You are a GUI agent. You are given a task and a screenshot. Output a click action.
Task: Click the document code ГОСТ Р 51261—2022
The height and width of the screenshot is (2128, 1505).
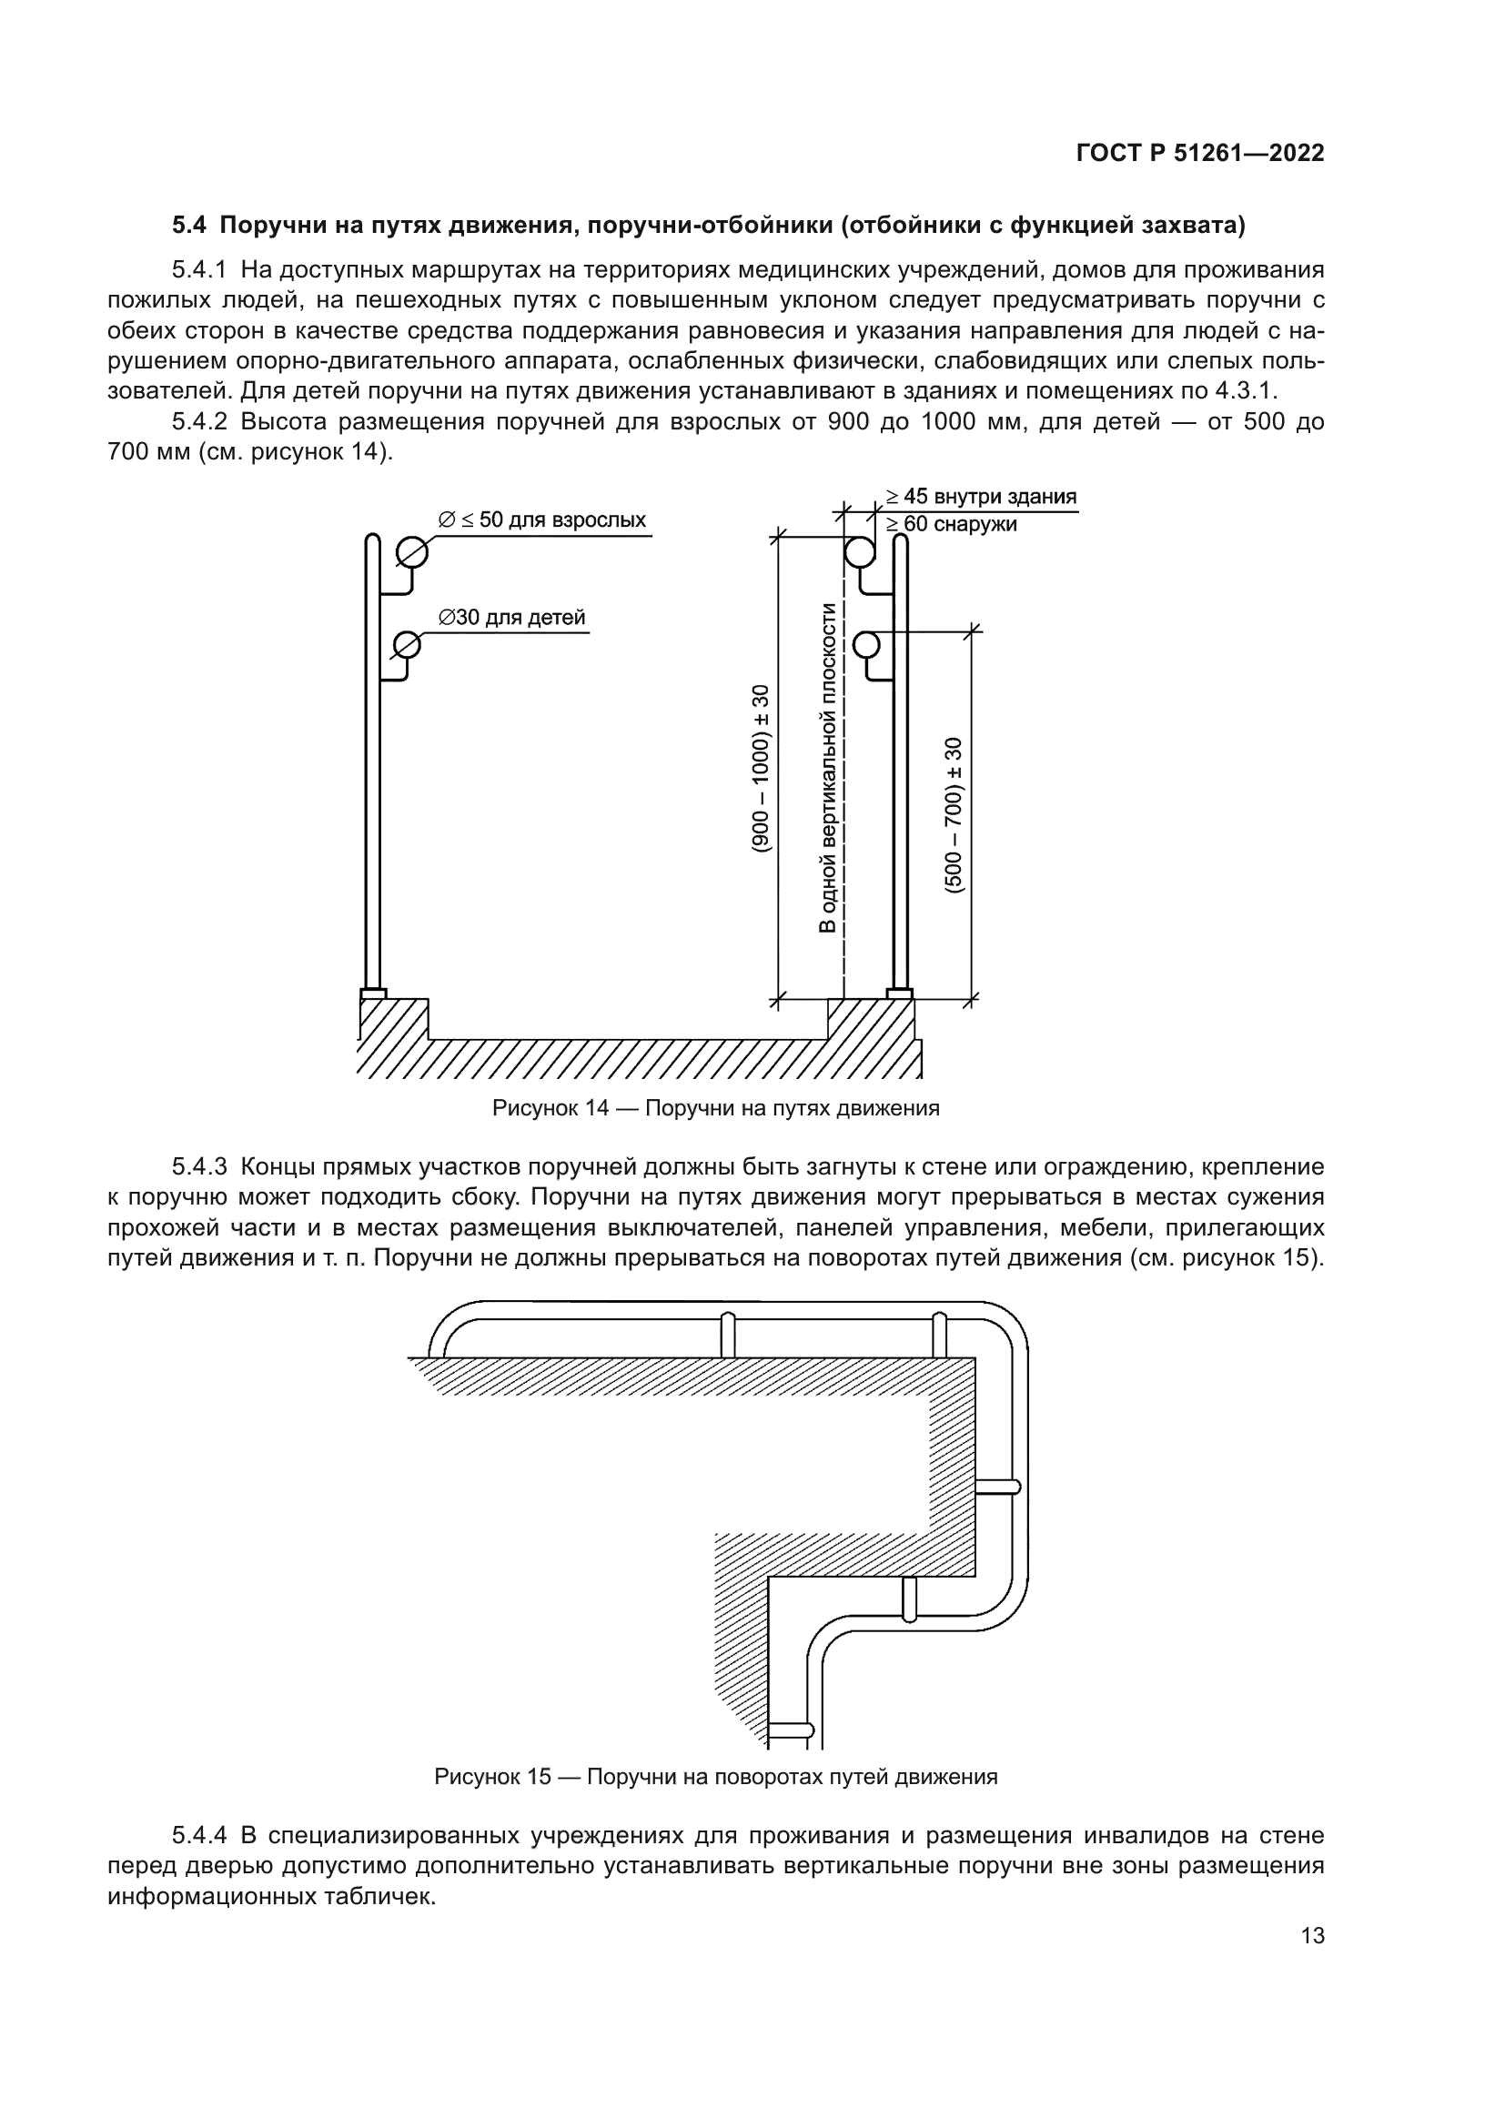click(1200, 154)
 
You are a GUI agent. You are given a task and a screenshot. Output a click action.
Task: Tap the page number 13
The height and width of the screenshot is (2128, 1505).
click(1312, 1936)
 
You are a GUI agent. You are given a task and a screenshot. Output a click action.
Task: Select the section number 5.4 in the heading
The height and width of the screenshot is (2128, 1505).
click(190, 226)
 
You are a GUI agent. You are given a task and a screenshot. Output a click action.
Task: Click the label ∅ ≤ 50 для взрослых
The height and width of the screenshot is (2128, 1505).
click(542, 520)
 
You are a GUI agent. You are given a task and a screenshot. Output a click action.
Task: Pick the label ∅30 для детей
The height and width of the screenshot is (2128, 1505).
click(511, 617)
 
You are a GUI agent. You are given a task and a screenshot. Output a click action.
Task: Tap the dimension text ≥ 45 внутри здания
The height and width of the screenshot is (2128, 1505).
click(981, 497)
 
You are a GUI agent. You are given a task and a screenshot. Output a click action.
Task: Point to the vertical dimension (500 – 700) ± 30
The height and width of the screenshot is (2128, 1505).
click(954, 814)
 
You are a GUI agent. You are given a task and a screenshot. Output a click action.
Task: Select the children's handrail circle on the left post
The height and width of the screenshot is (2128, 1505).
click(406, 643)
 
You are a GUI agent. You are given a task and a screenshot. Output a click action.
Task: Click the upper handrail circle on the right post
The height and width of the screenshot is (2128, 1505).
click(858, 553)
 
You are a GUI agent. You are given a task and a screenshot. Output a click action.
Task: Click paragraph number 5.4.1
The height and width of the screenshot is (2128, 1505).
click(199, 270)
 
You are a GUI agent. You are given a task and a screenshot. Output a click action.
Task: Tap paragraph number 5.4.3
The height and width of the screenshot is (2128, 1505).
click(199, 1166)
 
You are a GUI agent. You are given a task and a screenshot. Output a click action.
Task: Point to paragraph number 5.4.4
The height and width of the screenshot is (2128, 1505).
click(199, 1835)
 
